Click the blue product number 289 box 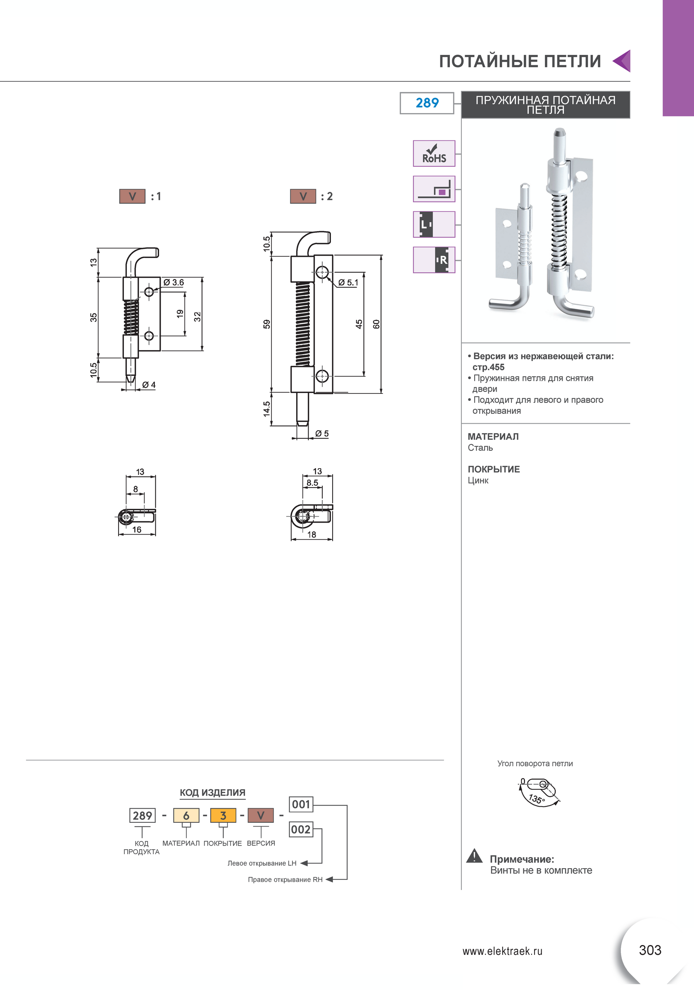pyautogui.click(x=427, y=103)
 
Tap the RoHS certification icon pyautogui.click(x=434, y=154)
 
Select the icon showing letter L pyautogui.click(x=434, y=224)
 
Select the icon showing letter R pyautogui.click(x=434, y=260)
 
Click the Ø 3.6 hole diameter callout pyautogui.click(x=173, y=282)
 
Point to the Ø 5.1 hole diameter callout pyautogui.click(x=348, y=282)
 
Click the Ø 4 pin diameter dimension pyautogui.click(x=149, y=385)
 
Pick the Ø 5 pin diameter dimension pyautogui.click(x=322, y=433)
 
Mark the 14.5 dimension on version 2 pyautogui.click(x=266, y=409)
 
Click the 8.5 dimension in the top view pyautogui.click(x=312, y=483)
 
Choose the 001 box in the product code pyautogui.click(x=301, y=804)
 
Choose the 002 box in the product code pyautogui.click(x=301, y=829)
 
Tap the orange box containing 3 pyautogui.click(x=223, y=815)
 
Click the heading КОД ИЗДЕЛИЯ pyautogui.click(x=213, y=793)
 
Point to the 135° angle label pyautogui.click(x=537, y=799)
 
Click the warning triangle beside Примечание pyautogui.click(x=475, y=856)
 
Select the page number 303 pyautogui.click(x=650, y=950)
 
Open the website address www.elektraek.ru pyautogui.click(x=502, y=951)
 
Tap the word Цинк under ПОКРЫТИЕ pyautogui.click(x=478, y=480)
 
